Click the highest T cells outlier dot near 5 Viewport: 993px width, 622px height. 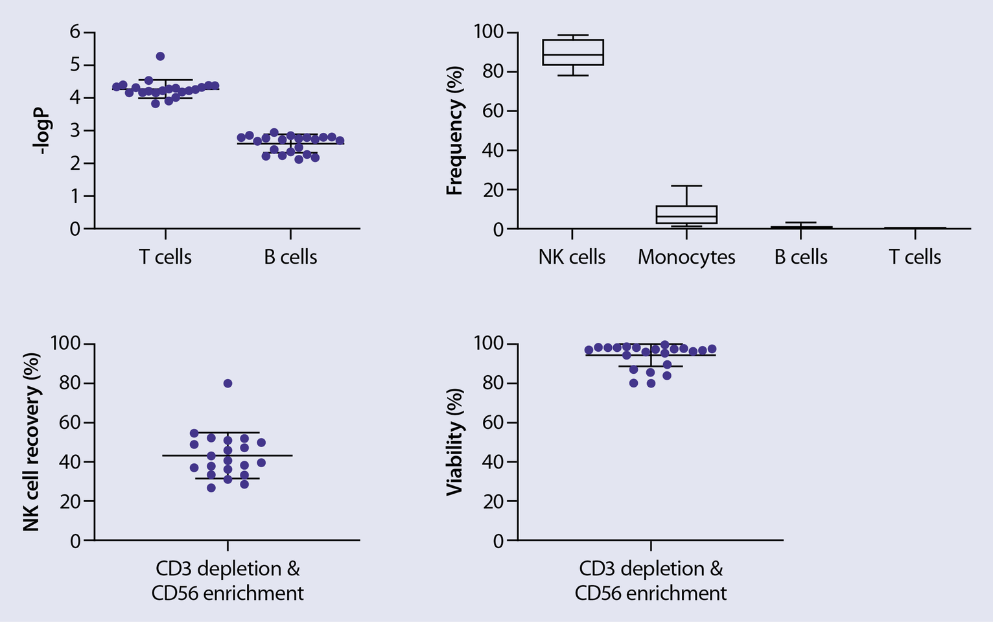pos(160,56)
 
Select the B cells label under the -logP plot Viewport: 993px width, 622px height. pos(290,257)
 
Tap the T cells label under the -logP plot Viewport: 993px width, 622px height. pos(165,257)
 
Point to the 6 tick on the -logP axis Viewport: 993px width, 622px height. pos(75,32)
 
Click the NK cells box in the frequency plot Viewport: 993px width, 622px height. pos(573,52)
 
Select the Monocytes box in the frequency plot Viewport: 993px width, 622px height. pos(686,214)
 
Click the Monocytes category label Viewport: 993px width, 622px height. pos(686,257)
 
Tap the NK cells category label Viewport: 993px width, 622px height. pos(572,257)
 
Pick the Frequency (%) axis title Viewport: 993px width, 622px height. pos(455,130)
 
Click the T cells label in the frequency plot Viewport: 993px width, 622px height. pos(915,257)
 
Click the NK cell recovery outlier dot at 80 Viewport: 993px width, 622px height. pos(228,383)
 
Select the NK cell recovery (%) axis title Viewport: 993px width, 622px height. pos(32,442)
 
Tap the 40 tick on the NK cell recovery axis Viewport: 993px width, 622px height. pos(71,462)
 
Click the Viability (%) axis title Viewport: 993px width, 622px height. pos(455,442)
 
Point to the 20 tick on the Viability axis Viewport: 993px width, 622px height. pos(495,501)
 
